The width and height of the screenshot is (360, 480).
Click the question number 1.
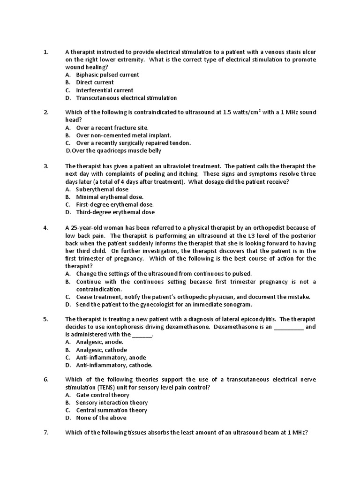(x=46, y=52)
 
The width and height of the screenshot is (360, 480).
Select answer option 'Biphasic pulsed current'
(x=107, y=75)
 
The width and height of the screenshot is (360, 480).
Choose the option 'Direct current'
(x=95, y=82)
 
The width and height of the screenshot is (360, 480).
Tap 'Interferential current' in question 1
(x=105, y=90)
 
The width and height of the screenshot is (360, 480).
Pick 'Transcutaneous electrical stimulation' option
(x=126, y=98)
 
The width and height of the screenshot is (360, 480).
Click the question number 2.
(x=46, y=112)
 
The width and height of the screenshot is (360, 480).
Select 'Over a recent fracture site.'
(x=112, y=127)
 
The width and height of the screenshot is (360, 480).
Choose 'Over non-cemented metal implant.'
(x=123, y=135)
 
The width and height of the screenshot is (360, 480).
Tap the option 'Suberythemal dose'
(x=102, y=189)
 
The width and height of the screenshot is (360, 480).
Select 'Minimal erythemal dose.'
(x=110, y=197)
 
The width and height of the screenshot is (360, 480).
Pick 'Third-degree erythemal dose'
(x=115, y=212)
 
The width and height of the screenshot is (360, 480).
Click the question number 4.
(x=46, y=228)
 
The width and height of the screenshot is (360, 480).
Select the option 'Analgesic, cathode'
(x=101, y=350)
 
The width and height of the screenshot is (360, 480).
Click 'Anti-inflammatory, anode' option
(x=111, y=358)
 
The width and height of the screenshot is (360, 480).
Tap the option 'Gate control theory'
(x=103, y=395)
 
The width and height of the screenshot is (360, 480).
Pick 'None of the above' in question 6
(x=101, y=418)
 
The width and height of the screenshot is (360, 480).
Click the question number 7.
(x=46, y=433)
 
